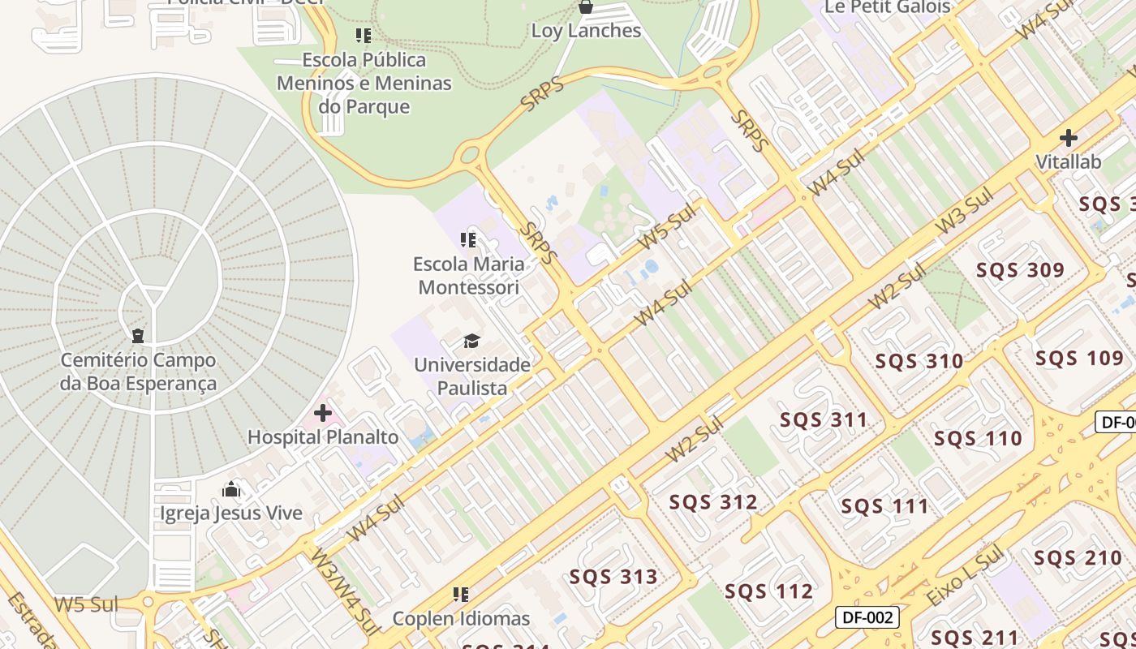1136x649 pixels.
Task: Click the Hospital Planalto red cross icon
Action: pos(323,414)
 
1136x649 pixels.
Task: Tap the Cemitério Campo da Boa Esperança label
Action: pos(138,372)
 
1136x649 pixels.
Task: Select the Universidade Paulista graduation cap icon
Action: pos(471,341)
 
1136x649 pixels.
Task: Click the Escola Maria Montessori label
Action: pos(468,276)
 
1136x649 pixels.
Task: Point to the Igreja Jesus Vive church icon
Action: pos(231,489)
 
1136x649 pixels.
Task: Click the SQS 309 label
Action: pos(1020,270)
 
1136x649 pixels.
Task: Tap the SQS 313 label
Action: pos(613,578)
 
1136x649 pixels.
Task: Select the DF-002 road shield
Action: pos(867,617)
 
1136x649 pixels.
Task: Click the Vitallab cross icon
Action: pos(1069,138)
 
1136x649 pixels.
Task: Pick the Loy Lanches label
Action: pos(586,31)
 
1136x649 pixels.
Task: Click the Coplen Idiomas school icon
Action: pos(461,595)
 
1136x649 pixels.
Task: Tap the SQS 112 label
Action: pos(768,591)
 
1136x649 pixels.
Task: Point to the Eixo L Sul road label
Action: pos(965,578)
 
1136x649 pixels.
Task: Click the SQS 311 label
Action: pos(824,420)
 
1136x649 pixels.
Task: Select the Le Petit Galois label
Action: pos(887,6)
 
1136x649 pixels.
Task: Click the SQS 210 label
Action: pos(1077,558)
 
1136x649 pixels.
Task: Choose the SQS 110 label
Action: pos(978,439)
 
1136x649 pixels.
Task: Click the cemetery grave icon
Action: pos(138,335)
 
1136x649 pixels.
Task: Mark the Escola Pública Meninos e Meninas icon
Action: pos(363,36)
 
